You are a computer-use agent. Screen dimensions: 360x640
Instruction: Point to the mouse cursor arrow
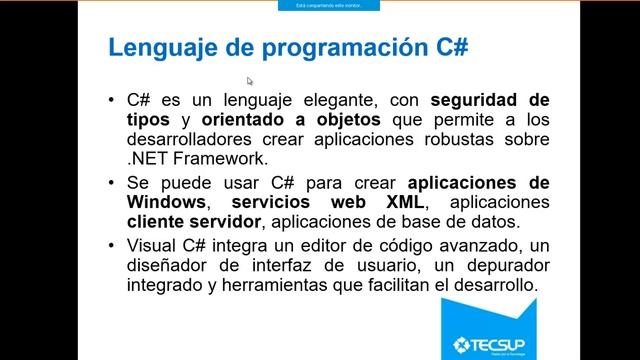click(x=250, y=81)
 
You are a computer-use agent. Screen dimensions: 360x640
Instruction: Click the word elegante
click(x=321, y=101)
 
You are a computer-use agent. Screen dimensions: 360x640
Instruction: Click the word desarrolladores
click(x=190, y=140)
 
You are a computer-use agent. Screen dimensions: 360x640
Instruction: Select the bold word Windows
click(x=165, y=202)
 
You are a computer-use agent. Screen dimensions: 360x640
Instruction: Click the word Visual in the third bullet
click(x=149, y=246)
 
